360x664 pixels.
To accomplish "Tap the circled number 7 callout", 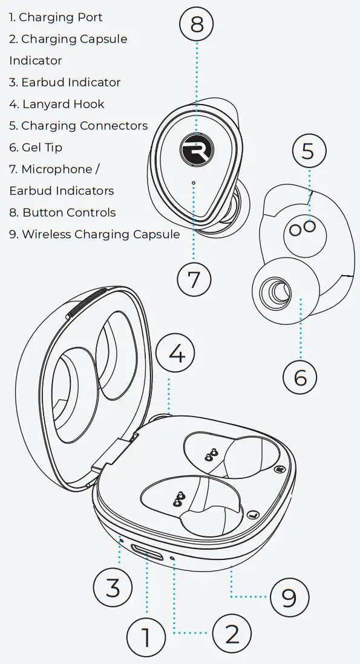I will (x=194, y=279).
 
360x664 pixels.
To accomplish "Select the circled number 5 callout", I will (x=308, y=151).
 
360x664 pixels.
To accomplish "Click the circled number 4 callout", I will (x=176, y=353).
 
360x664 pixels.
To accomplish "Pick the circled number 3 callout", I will (x=113, y=587).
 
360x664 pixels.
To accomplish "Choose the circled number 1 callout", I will (x=146, y=637).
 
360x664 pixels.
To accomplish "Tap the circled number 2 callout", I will (x=232, y=633).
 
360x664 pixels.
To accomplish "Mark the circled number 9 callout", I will (x=289, y=597).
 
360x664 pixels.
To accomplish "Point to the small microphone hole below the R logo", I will (x=193, y=182).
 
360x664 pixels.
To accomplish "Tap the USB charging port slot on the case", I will (x=147, y=553).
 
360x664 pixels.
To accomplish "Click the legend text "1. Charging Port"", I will (x=56, y=18).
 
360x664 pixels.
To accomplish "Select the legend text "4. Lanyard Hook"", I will (x=57, y=104).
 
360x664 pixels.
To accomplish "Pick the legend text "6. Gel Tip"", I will (x=36, y=148).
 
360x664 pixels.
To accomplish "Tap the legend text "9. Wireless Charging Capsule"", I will (x=94, y=234).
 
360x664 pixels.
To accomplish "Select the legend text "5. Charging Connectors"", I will (x=78, y=126).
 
